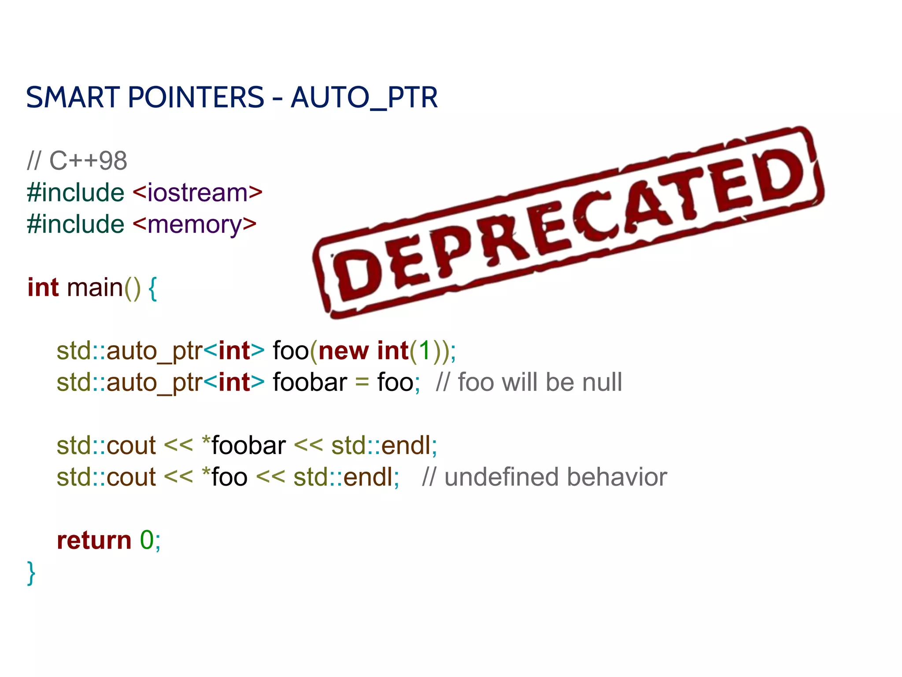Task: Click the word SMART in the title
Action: point(73,97)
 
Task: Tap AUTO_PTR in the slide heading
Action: point(364,97)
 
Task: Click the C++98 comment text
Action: point(88,161)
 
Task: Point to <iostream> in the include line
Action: point(198,193)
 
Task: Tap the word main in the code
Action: point(95,288)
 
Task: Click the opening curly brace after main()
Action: point(152,289)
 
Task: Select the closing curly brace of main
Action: point(31,573)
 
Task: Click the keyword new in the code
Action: point(344,351)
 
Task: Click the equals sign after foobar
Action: point(362,383)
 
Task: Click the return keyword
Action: point(94,540)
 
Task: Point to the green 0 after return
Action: point(147,540)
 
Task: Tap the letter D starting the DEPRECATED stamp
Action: point(358,276)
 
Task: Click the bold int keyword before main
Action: point(43,288)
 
